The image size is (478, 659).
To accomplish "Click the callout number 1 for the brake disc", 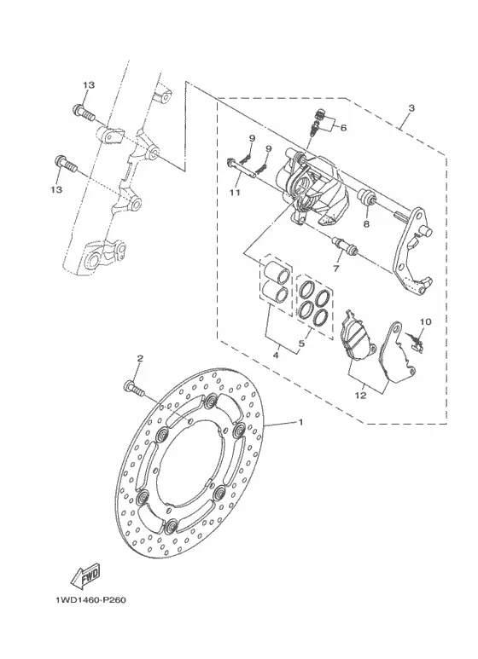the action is [x=300, y=421].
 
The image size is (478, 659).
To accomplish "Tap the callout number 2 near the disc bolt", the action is [x=140, y=359].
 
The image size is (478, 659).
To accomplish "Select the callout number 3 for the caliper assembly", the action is [x=411, y=108].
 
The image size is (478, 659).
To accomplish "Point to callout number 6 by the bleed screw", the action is [x=343, y=127].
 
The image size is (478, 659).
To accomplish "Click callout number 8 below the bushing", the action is [x=366, y=224].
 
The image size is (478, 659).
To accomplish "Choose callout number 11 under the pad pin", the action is [x=235, y=193].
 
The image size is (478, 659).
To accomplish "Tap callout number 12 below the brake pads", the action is [x=360, y=396].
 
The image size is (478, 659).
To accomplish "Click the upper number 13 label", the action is [x=89, y=85].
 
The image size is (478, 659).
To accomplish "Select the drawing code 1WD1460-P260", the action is [x=90, y=599].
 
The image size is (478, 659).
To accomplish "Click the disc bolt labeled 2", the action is [x=134, y=388].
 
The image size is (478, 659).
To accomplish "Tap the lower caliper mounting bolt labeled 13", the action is [x=66, y=164].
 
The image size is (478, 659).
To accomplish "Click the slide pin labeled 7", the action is [x=345, y=246].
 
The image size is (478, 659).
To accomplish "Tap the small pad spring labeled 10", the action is [x=416, y=341].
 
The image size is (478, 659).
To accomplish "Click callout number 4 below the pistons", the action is [x=276, y=356].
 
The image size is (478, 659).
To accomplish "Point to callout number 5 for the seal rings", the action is [x=301, y=344].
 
